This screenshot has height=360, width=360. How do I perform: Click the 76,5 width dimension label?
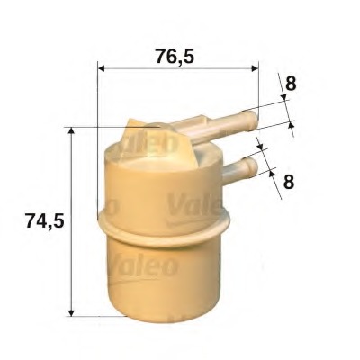(175, 57)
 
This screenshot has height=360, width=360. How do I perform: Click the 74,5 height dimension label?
(45, 220)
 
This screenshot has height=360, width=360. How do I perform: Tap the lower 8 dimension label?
(289, 182)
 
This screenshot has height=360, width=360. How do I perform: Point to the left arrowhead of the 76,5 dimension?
(102, 68)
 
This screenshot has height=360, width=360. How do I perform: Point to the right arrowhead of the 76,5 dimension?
(255, 68)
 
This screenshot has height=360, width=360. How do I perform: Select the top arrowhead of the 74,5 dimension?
(71, 130)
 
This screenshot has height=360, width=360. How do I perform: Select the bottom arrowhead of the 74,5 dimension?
(71, 312)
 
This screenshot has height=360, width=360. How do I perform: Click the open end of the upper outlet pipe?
(254, 120)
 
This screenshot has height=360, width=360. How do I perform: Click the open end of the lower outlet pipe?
(254, 166)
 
